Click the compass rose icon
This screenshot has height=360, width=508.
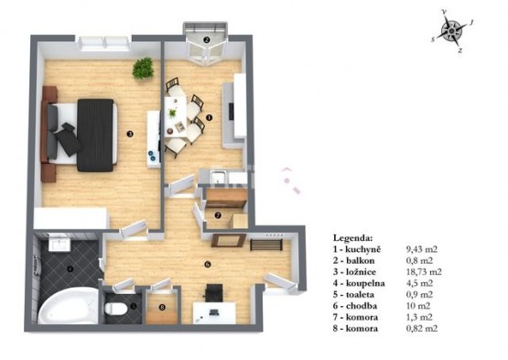pos(451,31)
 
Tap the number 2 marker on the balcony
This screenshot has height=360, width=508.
pos(206,40)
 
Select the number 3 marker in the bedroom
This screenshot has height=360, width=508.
pos(130,134)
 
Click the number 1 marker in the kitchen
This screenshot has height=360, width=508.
pos(209,118)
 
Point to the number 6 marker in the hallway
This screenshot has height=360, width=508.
pos(208,265)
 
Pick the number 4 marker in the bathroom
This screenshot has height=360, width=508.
pos(70,268)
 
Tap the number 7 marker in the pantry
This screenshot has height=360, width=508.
pos(218,215)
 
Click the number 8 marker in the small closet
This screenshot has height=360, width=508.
pos(162,307)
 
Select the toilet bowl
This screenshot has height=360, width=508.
pos(115,309)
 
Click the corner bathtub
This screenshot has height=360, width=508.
pos(68,306)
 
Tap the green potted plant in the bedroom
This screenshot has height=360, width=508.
pos(143,68)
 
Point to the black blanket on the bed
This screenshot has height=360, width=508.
pos(95,135)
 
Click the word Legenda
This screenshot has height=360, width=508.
pos(352,238)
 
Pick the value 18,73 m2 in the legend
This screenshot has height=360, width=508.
pos(424,272)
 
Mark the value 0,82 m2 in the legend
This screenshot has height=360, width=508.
pos(422,328)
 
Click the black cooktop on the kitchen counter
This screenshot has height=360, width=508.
pos(232,111)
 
